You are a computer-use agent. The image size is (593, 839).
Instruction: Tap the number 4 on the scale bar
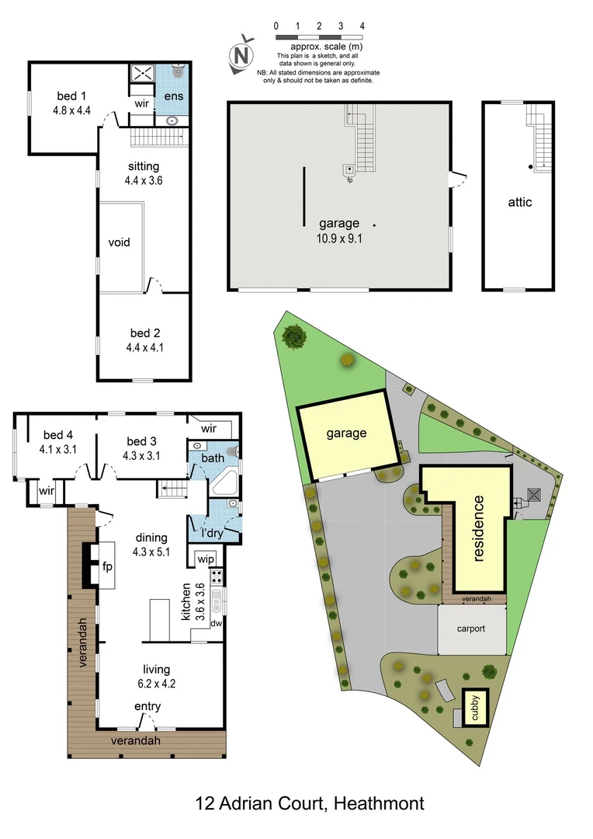[x=362, y=26]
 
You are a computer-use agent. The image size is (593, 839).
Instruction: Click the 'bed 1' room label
[x=67, y=96]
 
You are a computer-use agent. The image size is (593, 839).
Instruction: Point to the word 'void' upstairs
[x=119, y=242]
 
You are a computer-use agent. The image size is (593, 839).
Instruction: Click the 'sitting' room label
[x=143, y=166]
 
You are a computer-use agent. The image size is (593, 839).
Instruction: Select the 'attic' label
[x=520, y=202]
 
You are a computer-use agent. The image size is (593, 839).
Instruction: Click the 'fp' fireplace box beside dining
[x=107, y=566]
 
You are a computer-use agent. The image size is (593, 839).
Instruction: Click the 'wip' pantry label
[x=206, y=559]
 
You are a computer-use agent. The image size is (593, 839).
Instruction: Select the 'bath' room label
[x=213, y=458]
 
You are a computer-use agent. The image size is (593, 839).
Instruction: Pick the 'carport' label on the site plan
[x=470, y=628]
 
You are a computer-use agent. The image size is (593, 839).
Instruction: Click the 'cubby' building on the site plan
[x=476, y=708]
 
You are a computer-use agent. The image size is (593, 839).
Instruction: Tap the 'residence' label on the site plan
[x=479, y=528]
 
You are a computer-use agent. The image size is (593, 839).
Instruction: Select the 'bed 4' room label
[x=57, y=435]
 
